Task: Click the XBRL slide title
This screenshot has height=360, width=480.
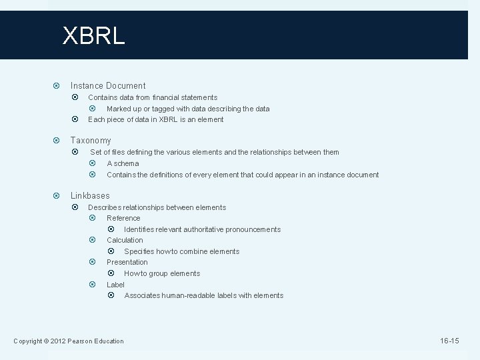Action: (93, 35)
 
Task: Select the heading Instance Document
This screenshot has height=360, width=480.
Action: (108, 85)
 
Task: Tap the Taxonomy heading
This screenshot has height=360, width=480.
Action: (91, 141)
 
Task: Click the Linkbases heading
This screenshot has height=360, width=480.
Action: (90, 195)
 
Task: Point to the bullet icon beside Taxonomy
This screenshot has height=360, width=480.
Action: (57, 141)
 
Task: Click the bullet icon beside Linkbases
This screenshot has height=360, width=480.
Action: (57, 195)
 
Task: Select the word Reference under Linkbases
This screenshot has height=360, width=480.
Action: (123, 218)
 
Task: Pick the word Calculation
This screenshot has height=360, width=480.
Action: (125, 240)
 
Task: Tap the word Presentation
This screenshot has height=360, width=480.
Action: (127, 262)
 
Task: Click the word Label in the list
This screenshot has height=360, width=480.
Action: (115, 285)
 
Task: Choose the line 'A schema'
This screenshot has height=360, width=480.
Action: (123, 163)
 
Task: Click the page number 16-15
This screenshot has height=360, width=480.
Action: (449, 341)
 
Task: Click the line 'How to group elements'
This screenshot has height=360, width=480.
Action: (162, 273)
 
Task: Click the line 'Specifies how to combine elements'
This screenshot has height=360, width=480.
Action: (181, 251)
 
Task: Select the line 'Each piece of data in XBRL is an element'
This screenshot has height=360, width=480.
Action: (155, 119)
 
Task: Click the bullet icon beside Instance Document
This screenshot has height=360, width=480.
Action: (57, 85)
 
